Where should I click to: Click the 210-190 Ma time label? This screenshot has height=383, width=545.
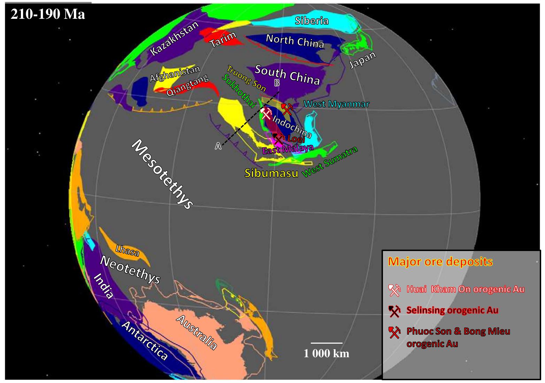point(48,14)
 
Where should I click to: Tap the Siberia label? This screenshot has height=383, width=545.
point(312,21)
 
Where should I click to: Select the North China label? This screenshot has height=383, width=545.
point(295,41)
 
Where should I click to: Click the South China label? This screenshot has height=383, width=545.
point(287,75)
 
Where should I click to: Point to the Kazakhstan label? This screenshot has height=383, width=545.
point(174,38)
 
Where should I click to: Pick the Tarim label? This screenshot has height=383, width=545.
point(223,39)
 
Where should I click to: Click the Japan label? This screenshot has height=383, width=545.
point(363,60)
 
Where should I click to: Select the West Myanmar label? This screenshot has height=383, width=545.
point(336,104)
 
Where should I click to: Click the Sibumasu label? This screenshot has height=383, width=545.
point(271,173)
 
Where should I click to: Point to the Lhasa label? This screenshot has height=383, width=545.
point(127,251)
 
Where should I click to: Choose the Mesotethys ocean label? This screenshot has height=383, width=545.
point(162,174)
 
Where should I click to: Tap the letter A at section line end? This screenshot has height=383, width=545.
point(218,146)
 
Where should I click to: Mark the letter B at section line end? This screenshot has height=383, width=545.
point(277,83)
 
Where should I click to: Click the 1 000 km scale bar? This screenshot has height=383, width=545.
point(327,343)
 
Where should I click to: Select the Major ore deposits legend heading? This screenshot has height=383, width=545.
point(440,261)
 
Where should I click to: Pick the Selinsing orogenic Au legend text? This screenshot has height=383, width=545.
point(452,310)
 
